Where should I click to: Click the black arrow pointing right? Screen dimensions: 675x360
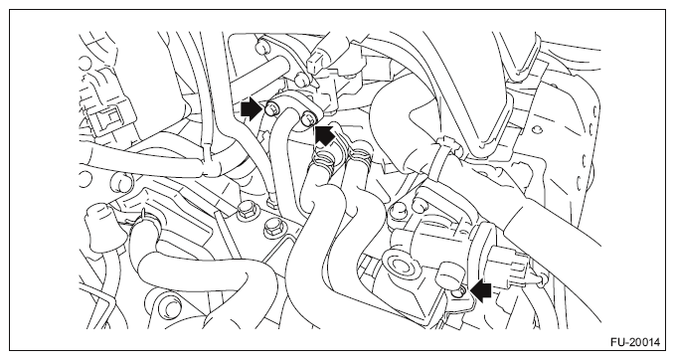[252, 109]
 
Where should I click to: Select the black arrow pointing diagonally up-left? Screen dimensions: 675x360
[325, 133]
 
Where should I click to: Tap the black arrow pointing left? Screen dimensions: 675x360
[481, 291]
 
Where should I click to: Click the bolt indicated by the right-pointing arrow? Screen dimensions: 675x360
[271, 108]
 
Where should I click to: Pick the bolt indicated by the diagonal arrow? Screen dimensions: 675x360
[308, 118]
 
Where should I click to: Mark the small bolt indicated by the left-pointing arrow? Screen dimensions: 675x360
[458, 292]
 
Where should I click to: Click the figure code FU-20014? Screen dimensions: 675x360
[634, 342]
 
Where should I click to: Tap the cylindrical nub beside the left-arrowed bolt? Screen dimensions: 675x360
[448, 275]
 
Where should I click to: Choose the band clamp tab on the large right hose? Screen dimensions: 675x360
[447, 144]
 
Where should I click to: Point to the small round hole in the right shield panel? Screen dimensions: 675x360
[536, 129]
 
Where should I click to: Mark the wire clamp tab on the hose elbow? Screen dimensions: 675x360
[142, 217]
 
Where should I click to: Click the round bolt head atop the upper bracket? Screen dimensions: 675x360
[261, 46]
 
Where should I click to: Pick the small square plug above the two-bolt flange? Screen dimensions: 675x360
[315, 61]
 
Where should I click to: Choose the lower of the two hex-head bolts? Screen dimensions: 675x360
[271, 227]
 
